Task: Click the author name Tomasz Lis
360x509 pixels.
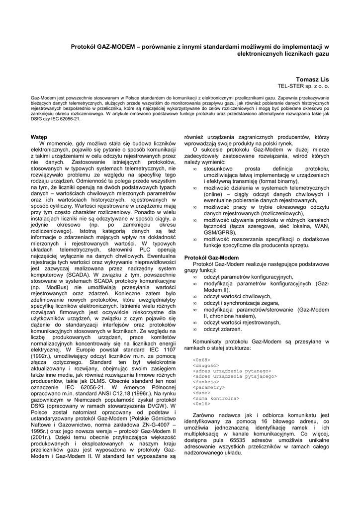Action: pos(312,79)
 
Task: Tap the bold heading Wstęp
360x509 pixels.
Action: pos(39,136)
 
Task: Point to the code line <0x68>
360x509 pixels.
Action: pos(201,359)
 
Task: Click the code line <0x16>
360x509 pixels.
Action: pos(201,404)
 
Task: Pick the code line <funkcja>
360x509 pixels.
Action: pos(205,381)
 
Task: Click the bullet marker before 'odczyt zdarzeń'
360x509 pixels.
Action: pos(195,329)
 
